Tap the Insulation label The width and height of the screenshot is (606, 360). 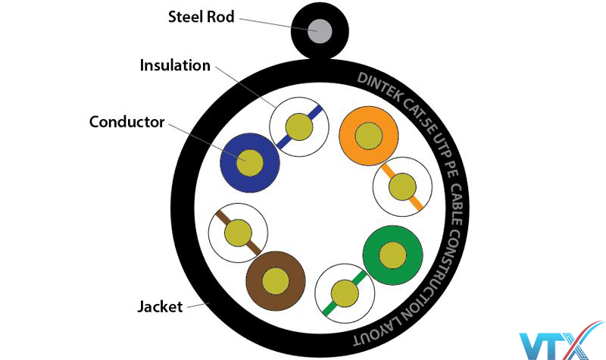tap(175, 65)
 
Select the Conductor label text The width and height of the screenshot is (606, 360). tap(127, 121)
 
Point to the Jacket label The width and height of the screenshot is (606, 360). tap(160, 307)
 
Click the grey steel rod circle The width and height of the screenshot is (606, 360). tap(320, 32)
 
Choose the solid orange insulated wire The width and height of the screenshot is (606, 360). tap(369, 136)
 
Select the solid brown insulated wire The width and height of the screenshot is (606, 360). tap(276, 280)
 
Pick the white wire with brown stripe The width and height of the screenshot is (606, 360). tap(237, 231)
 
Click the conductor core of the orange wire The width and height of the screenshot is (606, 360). tap(369, 136)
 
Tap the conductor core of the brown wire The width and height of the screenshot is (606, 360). tap(276, 280)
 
